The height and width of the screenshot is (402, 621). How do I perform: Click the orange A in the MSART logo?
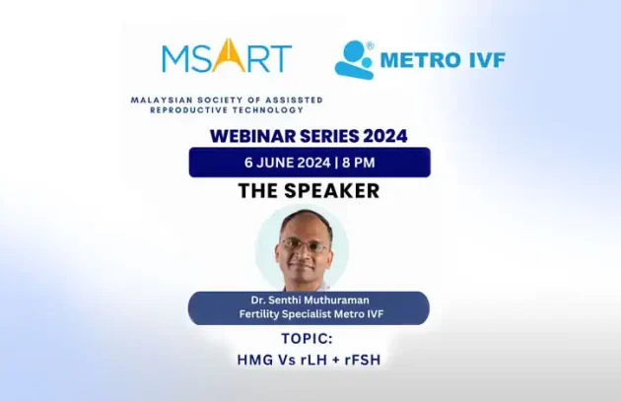(226, 56)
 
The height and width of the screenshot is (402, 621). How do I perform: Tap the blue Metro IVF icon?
(355, 58)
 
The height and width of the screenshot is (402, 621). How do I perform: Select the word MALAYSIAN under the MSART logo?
(162, 100)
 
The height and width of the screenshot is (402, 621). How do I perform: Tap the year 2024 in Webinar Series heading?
(380, 136)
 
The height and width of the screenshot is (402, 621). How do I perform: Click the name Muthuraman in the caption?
(338, 301)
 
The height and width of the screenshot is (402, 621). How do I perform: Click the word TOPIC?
(309, 339)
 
